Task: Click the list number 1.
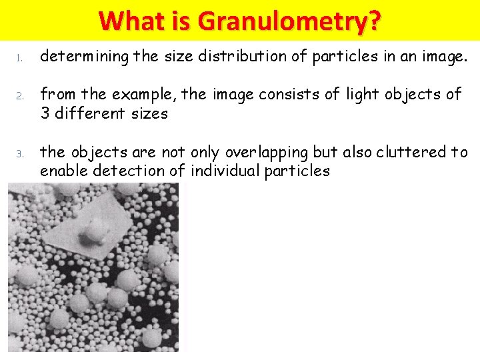tap(20, 60)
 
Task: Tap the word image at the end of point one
tap(442, 57)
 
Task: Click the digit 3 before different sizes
tap(45, 113)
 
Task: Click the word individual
tap(225, 171)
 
